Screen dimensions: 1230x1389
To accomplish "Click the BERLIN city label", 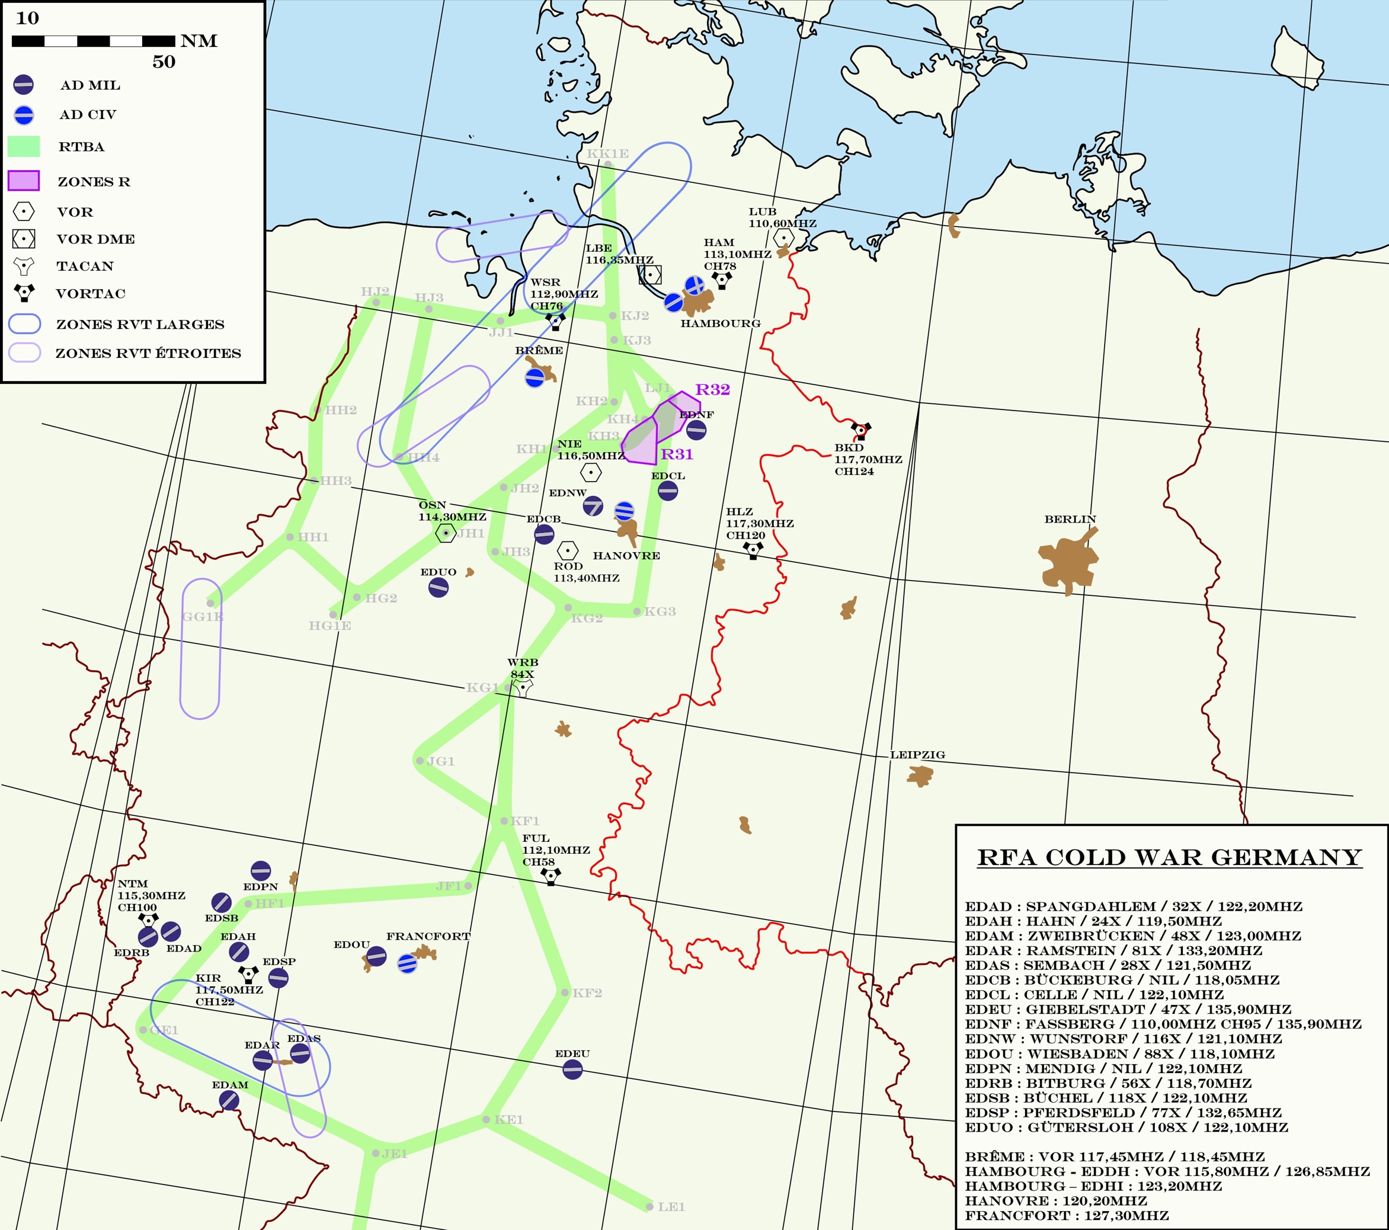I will click(1070, 519).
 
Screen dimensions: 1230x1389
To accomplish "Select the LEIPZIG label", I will click(917, 754).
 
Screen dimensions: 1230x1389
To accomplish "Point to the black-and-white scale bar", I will click(93, 41).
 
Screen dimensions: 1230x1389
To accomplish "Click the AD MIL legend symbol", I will click(23, 84).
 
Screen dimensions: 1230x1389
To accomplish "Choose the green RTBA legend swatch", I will click(24, 146).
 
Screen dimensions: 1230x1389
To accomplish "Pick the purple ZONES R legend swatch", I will click(24, 181).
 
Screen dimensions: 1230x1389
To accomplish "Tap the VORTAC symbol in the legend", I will click(24, 293).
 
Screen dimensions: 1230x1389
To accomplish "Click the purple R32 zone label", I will click(712, 389).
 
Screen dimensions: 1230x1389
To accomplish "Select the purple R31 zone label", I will click(677, 454).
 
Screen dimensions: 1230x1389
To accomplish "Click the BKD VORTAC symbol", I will click(861, 430).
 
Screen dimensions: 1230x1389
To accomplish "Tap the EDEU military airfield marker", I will click(572, 1069).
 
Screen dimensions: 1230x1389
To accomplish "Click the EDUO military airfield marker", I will click(439, 587).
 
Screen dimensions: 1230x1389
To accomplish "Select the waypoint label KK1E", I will click(607, 154).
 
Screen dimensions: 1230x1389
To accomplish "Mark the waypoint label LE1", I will click(671, 1207).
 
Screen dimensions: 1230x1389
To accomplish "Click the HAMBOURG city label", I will click(721, 323).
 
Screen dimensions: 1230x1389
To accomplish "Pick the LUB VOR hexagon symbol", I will click(783, 238).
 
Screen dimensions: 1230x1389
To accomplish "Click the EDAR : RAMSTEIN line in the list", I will click(1113, 951).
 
